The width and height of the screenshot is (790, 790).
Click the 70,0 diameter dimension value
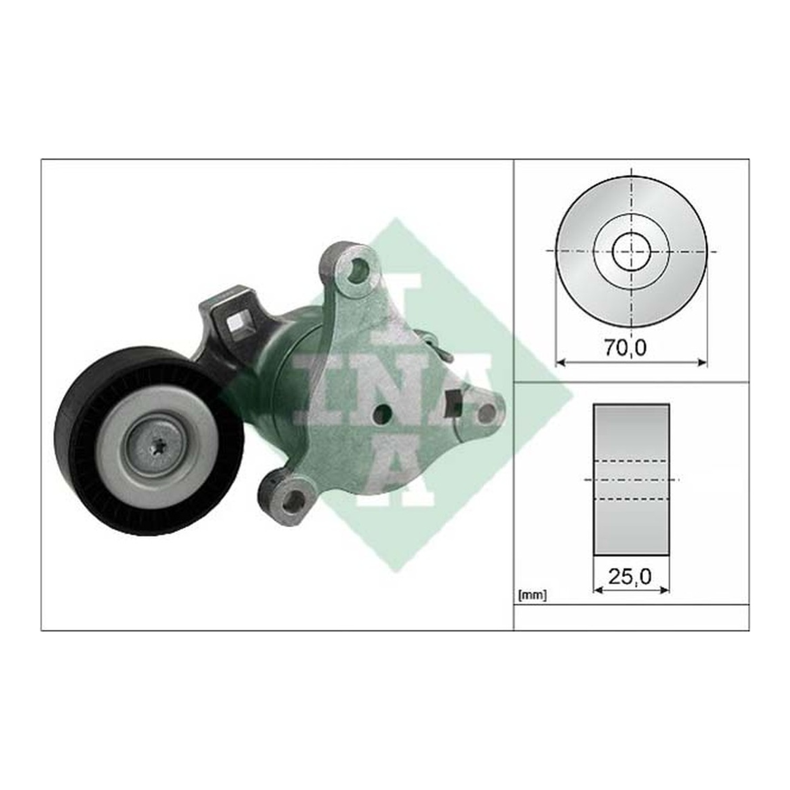(625, 348)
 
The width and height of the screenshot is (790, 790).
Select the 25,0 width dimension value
(630, 577)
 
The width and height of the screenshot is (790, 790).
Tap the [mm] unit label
(532, 596)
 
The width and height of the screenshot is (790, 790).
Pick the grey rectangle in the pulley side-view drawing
(631, 480)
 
